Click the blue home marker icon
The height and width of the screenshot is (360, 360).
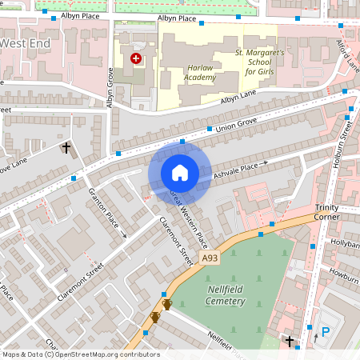point(180,172)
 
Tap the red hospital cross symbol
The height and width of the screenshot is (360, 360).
point(136,58)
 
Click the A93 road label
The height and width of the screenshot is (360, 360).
point(210,258)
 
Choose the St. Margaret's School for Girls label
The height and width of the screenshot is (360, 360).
point(261,62)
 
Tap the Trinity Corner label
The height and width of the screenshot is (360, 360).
point(327,211)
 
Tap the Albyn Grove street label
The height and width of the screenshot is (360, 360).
point(110,87)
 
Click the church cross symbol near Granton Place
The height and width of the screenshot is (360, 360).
point(66,148)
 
